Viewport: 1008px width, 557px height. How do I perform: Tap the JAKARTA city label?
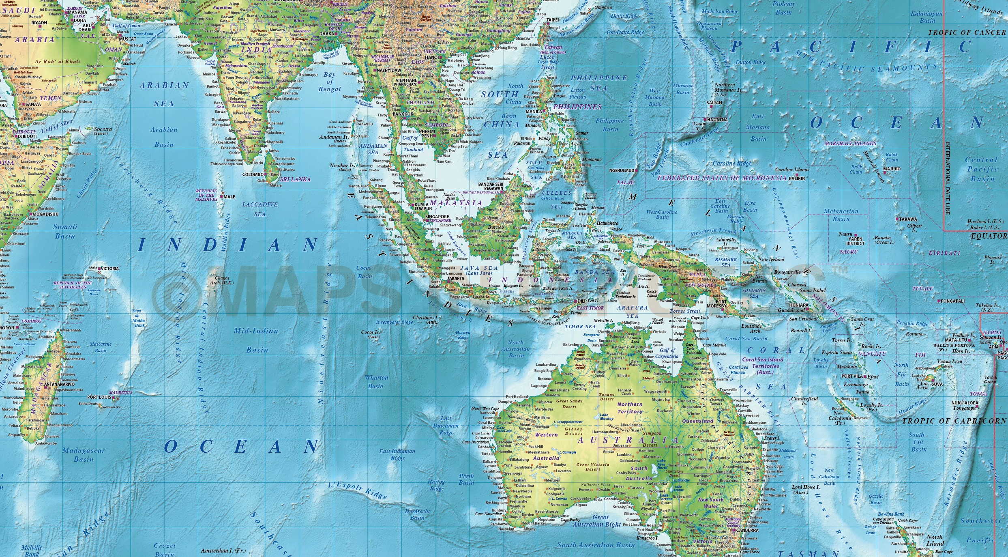click(x=455, y=279)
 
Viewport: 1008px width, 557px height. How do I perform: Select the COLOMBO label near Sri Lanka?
click(x=253, y=174)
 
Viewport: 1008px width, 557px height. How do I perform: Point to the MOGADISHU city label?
click(x=45, y=214)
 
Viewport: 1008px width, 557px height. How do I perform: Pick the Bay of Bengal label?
click(x=329, y=82)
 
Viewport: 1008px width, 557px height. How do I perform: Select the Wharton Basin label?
click(x=376, y=382)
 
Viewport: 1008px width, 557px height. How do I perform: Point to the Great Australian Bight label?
click(x=596, y=520)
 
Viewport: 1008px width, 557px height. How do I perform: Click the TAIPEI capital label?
click(x=553, y=20)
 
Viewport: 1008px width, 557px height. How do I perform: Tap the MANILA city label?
click(x=534, y=112)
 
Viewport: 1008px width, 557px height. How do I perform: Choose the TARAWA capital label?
click(x=908, y=219)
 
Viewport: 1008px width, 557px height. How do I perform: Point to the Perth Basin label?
click(x=466, y=480)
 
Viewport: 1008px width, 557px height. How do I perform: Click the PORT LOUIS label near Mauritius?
click(x=99, y=398)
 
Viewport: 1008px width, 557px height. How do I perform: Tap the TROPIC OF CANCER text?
click(x=966, y=32)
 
